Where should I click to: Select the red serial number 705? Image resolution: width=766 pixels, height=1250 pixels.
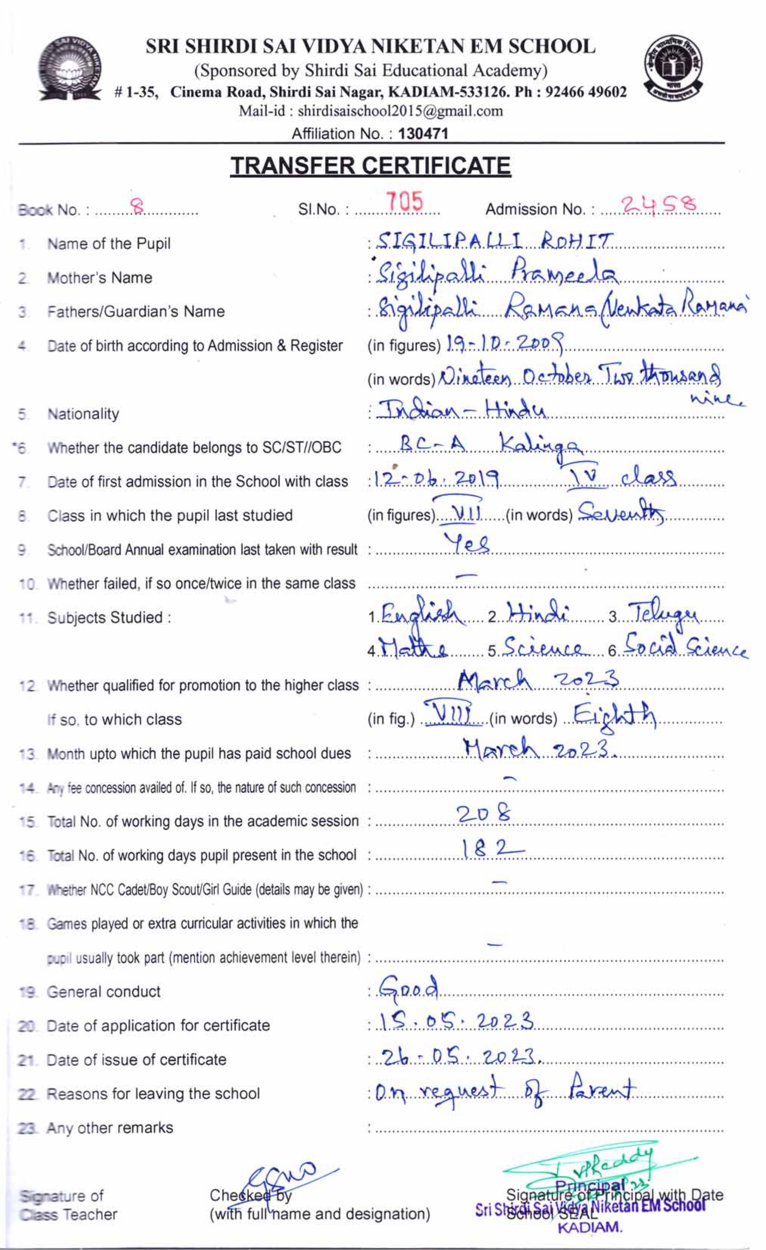pos(404,203)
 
